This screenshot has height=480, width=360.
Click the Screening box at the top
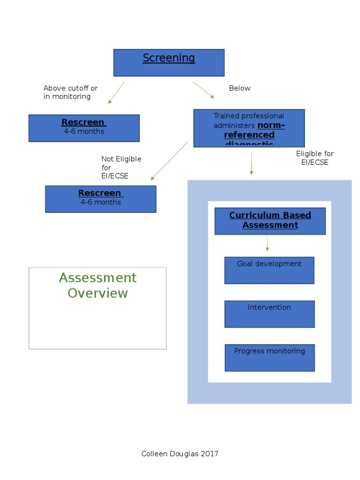click(x=169, y=63)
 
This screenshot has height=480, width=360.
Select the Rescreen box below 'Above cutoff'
click(x=84, y=128)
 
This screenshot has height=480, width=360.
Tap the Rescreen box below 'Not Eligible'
click(x=101, y=199)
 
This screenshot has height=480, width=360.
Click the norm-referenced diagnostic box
click(x=249, y=128)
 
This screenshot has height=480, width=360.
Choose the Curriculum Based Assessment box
click(x=270, y=221)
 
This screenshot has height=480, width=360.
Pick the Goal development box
click(x=269, y=270)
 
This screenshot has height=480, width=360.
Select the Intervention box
click(x=269, y=314)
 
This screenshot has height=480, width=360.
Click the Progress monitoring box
click(x=270, y=358)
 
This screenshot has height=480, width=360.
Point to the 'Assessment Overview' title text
click(x=97, y=285)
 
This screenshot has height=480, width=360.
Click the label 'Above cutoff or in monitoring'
click(x=70, y=92)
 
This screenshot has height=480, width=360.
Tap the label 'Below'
click(x=240, y=88)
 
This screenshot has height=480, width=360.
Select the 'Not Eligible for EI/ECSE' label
click(x=120, y=167)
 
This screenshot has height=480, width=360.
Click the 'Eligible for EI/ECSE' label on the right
click(x=315, y=158)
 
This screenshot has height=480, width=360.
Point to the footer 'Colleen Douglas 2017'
click(x=180, y=454)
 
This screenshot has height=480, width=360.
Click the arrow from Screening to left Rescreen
click(x=116, y=93)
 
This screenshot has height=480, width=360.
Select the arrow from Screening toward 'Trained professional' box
click(x=203, y=90)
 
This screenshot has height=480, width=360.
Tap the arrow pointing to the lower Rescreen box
click(x=169, y=161)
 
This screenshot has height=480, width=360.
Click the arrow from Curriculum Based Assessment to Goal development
click(x=267, y=243)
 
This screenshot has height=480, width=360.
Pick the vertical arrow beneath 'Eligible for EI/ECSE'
click(x=251, y=164)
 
